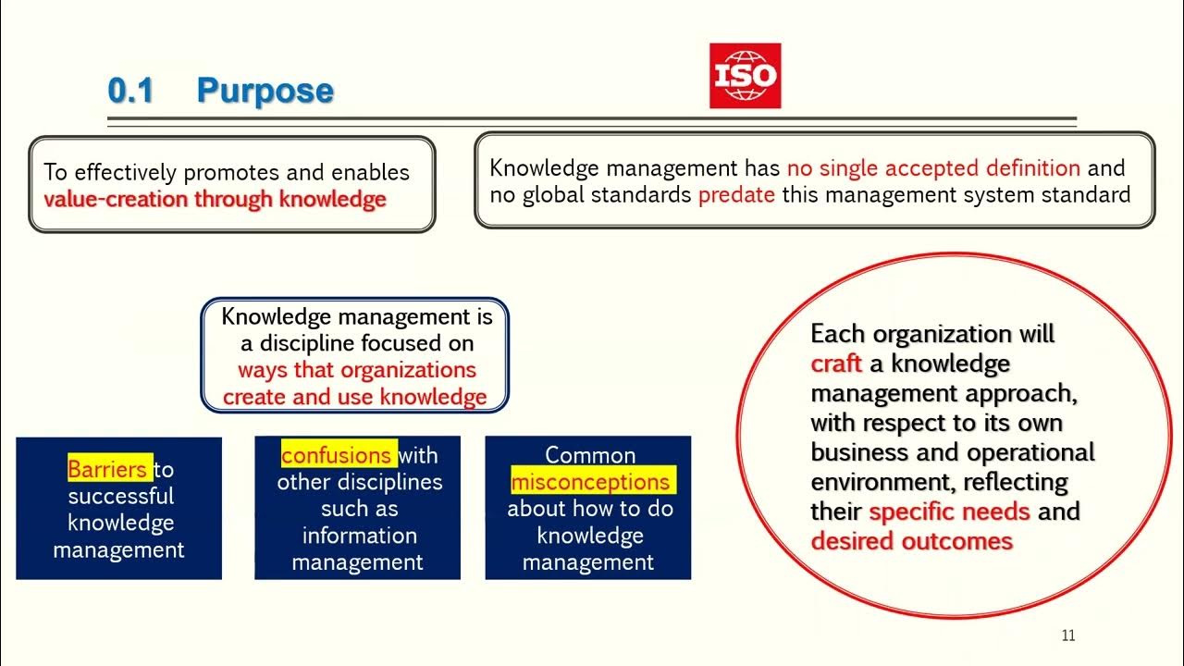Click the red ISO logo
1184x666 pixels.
745,76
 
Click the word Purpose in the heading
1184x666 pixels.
265,91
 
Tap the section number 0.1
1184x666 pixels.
130,91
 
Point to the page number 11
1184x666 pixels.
1067,635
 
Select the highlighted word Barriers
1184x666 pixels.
107,469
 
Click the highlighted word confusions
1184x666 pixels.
337,455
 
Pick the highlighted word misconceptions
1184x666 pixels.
590,482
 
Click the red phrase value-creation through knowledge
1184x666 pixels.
215,200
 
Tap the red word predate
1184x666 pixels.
736,195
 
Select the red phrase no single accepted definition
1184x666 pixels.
933,168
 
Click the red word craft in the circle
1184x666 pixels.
836,364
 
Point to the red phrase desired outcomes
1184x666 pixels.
911,541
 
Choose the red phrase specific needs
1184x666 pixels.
950,512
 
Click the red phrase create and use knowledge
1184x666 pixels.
354,397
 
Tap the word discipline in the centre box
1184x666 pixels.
301,343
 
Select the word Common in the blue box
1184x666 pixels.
590,455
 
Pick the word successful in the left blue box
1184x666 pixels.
120,496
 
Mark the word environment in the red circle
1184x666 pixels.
882,482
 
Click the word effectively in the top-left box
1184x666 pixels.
125,173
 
